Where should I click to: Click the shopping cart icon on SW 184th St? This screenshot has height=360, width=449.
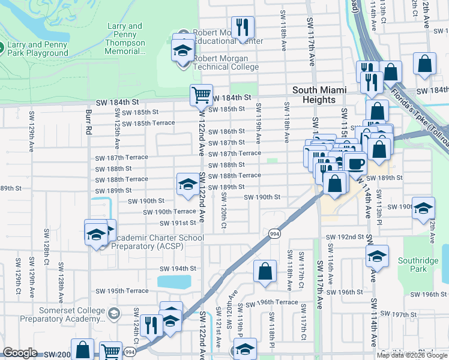pyautogui.click(x=201, y=94)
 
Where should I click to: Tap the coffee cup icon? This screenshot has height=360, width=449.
pyautogui.click(x=355, y=163)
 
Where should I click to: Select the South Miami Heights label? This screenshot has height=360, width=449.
pyautogui.click(x=319, y=95)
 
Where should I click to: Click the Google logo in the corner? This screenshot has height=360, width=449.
pyautogui.click(x=20, y=353)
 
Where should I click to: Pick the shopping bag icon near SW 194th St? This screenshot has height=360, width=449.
pyautogui.click(x=265, y=271)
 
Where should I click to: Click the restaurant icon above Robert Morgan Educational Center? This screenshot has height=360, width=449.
pyautogui.click(x=243, y=27)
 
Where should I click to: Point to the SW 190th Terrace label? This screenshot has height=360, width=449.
pyautogui.click(x=167, y=212)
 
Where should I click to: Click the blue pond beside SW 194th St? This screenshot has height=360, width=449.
pyautogui.click(x=174, y=281)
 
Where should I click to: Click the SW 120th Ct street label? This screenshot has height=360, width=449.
pyautogui.click(x=223, y=215)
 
